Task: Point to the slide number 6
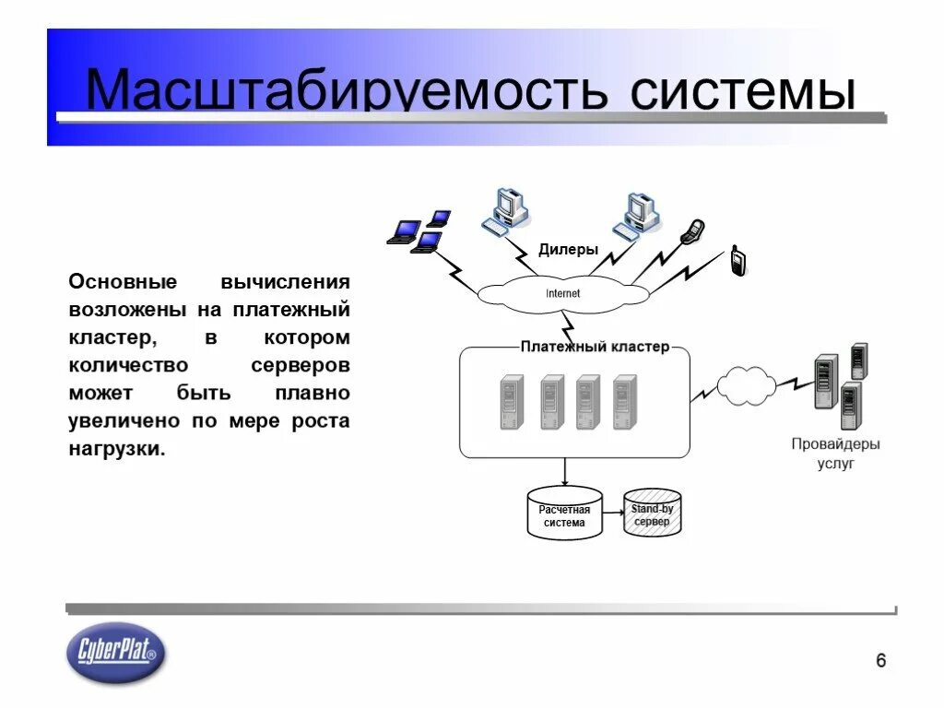point(880,660)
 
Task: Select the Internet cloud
point(563,293)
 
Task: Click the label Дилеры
point(568,250)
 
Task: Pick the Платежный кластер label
point(595,348)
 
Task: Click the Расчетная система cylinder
point(564,515)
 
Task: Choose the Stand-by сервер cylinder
point(653,515)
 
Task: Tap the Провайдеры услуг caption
point(835,453)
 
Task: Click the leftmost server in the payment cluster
point(511,402)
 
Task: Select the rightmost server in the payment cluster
point(625,402)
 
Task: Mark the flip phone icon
point(691,231)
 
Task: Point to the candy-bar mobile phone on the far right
point(737,261)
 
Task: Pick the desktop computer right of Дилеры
point(638,215)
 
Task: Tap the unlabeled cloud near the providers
point(746,387)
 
